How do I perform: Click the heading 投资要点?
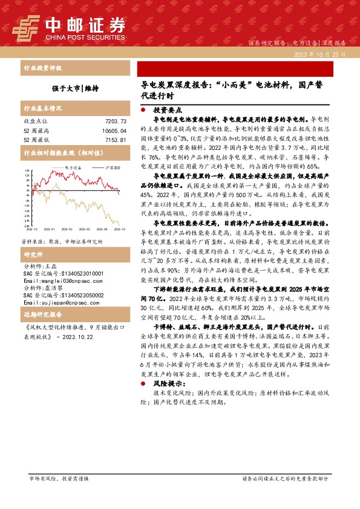[x=166, y=111]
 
